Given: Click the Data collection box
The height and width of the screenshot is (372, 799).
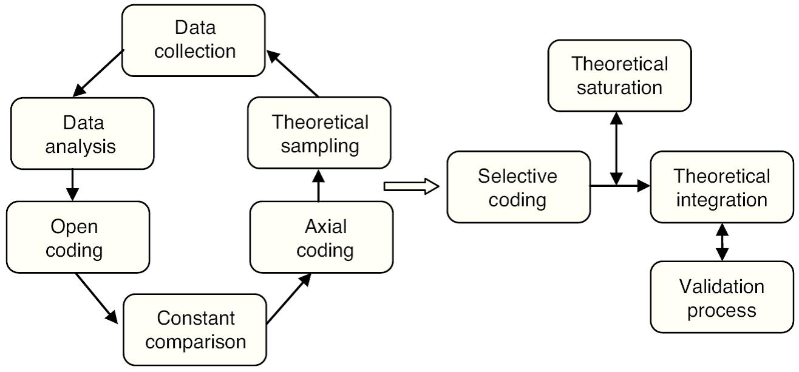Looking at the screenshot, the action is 193,40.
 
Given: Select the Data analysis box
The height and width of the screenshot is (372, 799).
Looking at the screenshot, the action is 83,134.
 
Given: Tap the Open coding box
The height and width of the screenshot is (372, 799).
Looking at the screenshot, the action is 78,237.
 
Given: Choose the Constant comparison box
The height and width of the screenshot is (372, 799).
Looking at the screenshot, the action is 195,330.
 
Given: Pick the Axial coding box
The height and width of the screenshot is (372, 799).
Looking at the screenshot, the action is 321,237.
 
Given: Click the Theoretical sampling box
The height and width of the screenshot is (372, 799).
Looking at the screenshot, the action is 319,133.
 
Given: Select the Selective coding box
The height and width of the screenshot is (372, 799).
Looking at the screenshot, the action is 518,187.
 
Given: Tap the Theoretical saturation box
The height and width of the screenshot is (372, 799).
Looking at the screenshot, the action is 619,76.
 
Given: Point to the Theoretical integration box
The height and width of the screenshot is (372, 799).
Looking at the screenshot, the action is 722,187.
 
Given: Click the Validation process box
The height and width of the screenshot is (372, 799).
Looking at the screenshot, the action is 722,297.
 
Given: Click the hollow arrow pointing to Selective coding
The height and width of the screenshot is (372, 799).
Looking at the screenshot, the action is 411,186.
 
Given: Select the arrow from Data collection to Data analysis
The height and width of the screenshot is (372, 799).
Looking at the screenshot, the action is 98,73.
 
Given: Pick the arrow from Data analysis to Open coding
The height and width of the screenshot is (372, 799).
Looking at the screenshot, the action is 72,185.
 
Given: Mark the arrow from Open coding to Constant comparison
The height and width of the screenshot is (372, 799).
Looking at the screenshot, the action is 97,298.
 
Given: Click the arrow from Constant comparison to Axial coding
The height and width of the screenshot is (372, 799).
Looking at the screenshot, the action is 288,299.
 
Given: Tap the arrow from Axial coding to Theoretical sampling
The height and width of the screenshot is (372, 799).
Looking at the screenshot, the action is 319,186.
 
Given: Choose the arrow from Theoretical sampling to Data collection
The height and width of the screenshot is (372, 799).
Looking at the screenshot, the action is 293,73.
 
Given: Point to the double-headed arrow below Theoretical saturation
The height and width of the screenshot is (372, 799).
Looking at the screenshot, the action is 616,149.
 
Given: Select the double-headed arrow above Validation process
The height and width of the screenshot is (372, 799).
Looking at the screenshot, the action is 722,242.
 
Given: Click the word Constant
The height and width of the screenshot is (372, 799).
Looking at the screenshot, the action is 196,318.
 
